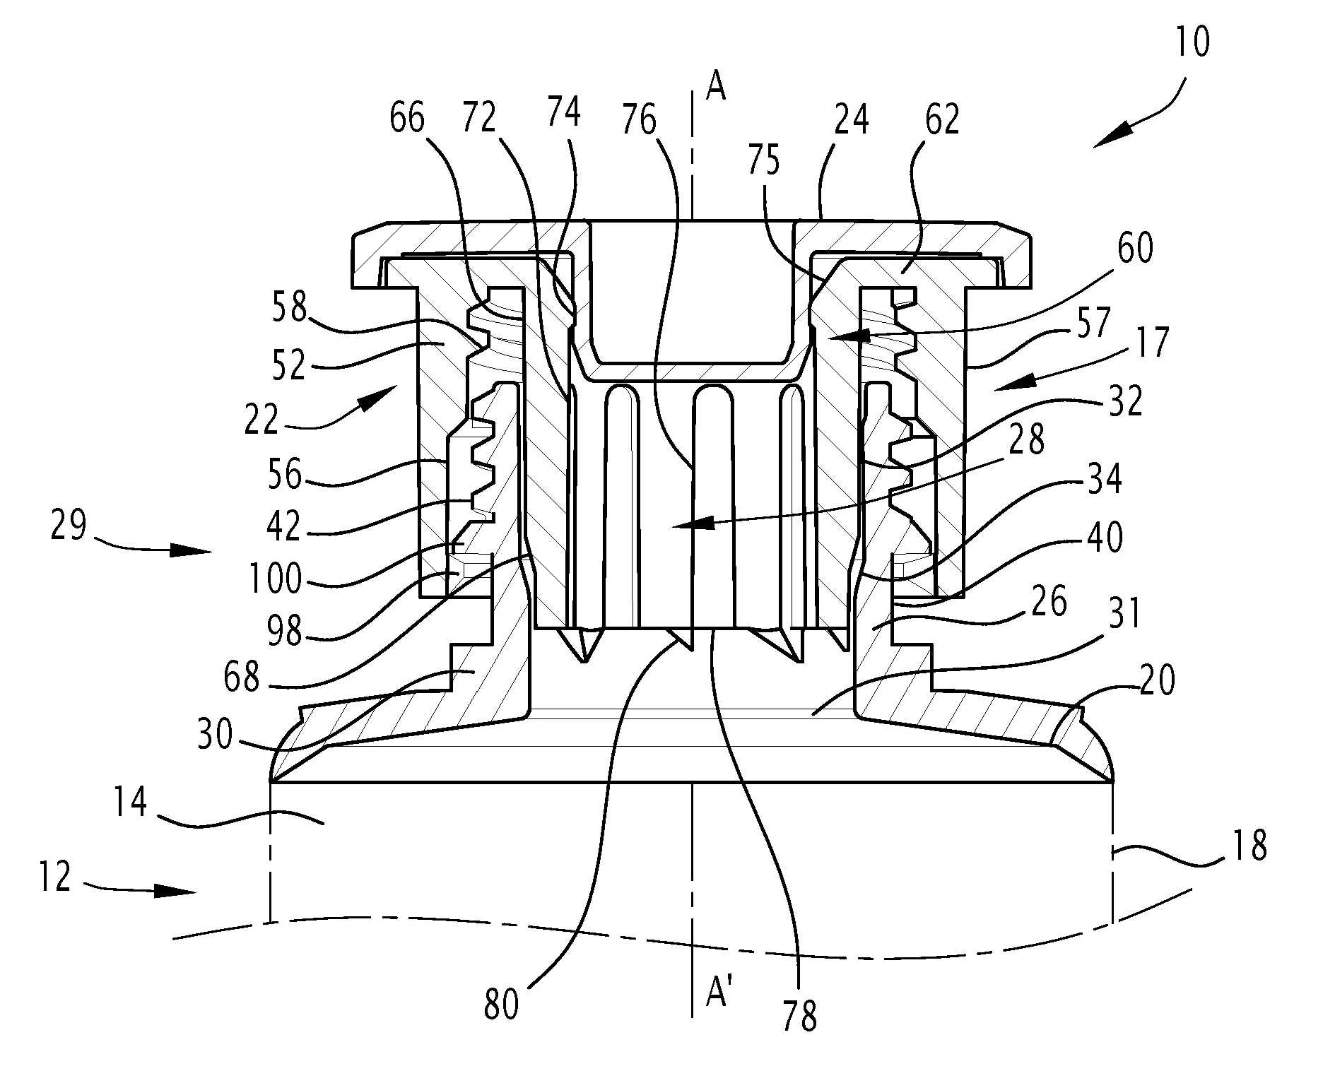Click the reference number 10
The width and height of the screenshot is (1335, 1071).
tap(1193, 42)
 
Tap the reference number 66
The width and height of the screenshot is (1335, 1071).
tap(407, 119)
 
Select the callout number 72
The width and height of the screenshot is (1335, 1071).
tap(478, 119)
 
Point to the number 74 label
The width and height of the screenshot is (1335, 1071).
tap(563, 112)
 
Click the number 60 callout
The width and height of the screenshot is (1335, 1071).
tap(1136, 249)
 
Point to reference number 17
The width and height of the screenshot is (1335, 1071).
tap(1153, 343)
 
